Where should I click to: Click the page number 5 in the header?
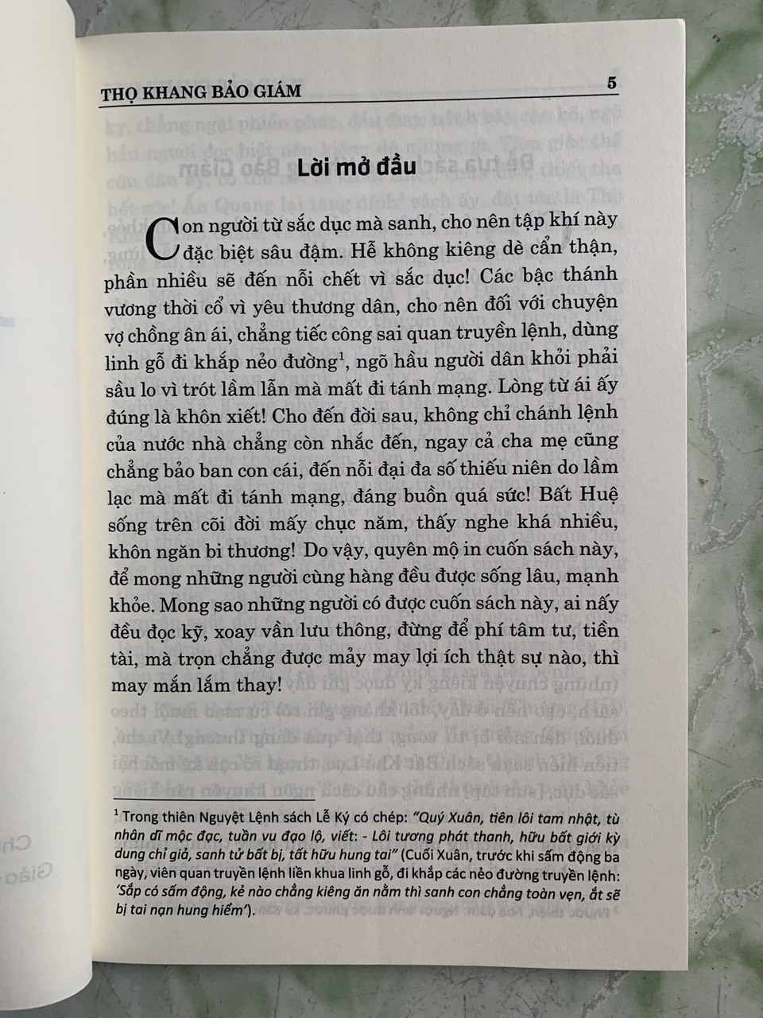point(611,83)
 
